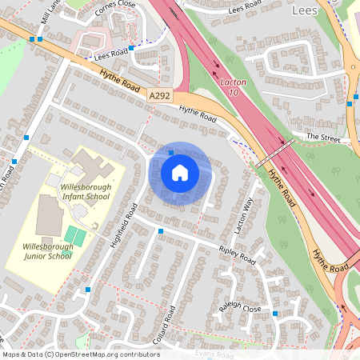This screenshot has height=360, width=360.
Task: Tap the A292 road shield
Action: (x=159, y=95)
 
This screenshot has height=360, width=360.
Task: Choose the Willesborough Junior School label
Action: (x=47, y=251)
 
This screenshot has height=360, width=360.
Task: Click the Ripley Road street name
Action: (x=237, y=255)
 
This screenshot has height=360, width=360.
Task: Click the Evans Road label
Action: (x=213, y=352)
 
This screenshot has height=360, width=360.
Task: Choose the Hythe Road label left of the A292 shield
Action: (x=120, y=82)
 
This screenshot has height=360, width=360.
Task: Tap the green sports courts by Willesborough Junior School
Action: (x=76, y=236)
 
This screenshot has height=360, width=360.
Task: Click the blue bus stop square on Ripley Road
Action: (x=161, y=231)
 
